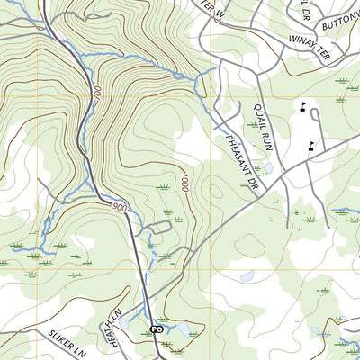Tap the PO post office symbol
(x=156, y=329)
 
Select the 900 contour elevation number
(x=120, y=208)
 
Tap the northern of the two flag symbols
(x=303, y=107)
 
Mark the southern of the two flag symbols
(x=311, y=145)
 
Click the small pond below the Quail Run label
(x=266, y=167)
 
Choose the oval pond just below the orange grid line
(x=246, y=276)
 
